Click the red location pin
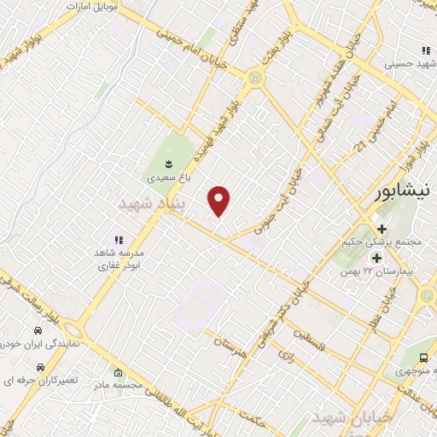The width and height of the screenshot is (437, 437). pyautogui.click(x=220, y=201)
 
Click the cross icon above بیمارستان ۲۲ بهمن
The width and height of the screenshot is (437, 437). pyautogui.click(x=375, y=257)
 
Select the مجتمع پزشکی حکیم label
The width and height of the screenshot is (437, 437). pyautogui.click(x=393, y=242)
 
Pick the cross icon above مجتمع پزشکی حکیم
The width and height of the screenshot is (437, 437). pyautogui.click(x=382, y=229)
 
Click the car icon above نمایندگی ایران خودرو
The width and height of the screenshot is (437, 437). pyautogui.click(x=38, y=331)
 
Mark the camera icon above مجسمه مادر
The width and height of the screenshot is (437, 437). pyautogui.click(x=118, y=374)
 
